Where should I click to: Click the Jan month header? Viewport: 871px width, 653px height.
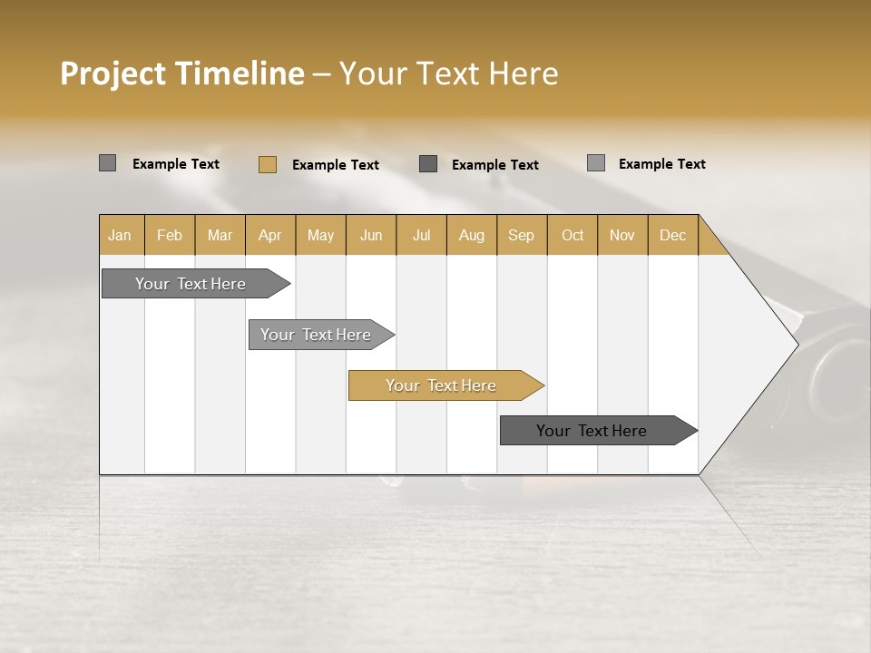pyautogui.click(x=120, y=235)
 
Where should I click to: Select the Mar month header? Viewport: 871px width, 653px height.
pyautogui.click(x=220, y=235)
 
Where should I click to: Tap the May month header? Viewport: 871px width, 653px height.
pyautogui.click(x=320, y=235)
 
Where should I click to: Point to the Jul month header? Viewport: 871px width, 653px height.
pyautogui.click(x=421, y=235)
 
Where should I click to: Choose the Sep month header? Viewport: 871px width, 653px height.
pyautogui.click(x=521, y=235)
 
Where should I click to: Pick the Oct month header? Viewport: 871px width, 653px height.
pyautogui.click(x=573, y=235)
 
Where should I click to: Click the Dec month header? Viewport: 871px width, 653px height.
pyautogui.click(x=672, y=235)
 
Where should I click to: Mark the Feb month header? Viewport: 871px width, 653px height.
pyautogui.click(x=170, y=235)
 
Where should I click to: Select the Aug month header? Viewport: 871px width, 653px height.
pyautogui.click(x=471, y=235)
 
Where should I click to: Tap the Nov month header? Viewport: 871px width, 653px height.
pyautogui.click(x=621, y=235)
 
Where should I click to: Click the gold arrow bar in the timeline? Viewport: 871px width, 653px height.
pyautogui.click(x=442, y=385)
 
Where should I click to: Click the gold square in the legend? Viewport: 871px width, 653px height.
pyautogui.click(x=268, y=164)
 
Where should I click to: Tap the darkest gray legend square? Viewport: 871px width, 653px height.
pyautogui.click(x=428, y=164)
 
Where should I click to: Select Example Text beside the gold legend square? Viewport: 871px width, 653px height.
pyautogui.click(x=336, y=165)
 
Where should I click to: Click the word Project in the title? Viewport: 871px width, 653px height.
pyautogui.click(x=113, y=73)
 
